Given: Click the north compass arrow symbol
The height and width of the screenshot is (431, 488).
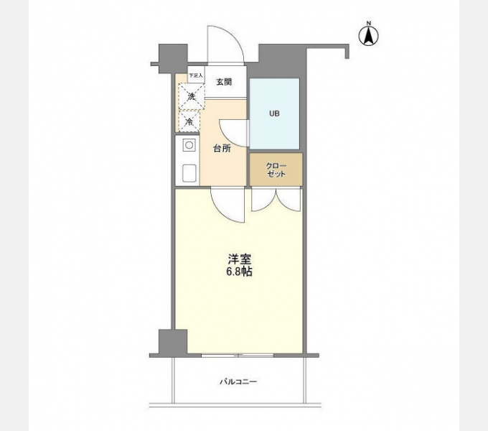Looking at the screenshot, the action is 369,36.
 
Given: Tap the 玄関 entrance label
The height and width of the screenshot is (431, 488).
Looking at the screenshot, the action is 224,82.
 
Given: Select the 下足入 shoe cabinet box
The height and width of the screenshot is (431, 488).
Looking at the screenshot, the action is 196,75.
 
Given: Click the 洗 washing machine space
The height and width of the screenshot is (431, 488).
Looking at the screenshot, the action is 192,96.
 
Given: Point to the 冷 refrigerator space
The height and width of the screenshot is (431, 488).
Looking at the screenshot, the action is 189,122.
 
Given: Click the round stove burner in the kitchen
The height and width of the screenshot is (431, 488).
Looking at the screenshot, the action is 189,145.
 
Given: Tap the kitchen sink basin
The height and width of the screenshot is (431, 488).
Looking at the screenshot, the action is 189,172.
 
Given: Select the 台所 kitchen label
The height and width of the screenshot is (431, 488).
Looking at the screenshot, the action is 222,149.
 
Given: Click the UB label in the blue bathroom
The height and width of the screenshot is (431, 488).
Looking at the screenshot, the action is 274,113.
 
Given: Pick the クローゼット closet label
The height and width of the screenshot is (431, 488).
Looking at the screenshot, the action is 276,170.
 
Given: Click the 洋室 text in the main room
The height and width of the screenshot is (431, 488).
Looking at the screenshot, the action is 239,259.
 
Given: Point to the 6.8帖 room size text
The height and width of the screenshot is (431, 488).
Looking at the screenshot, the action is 239,272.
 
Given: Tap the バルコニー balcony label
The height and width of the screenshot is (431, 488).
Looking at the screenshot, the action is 238,381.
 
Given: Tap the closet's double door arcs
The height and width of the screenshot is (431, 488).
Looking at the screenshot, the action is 276,201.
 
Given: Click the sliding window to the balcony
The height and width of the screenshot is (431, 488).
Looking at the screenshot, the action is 238,355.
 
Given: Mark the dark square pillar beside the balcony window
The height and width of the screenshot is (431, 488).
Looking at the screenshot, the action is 173,342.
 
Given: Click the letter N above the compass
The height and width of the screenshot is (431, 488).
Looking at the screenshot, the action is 369,23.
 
